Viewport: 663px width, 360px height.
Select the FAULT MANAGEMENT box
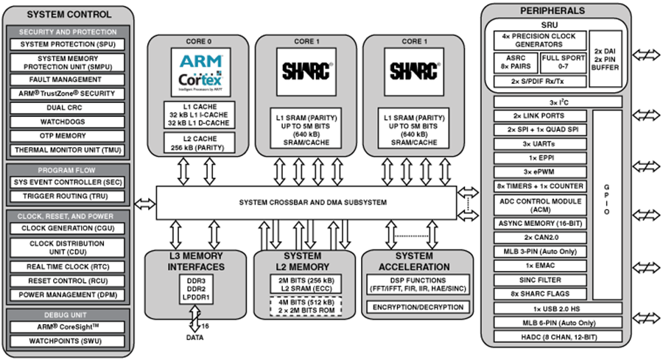click(66, 80)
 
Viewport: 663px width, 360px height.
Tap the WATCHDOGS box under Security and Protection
click(66, 120)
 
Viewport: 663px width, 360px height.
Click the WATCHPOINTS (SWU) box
click(66, 341)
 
